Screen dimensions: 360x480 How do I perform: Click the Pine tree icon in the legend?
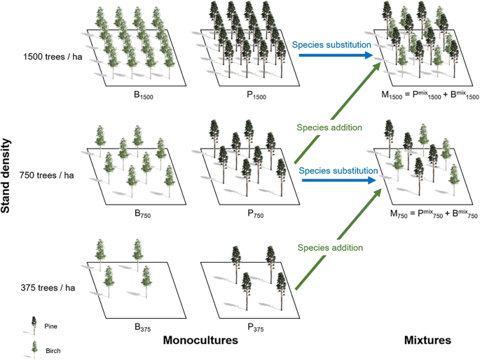coord(32,323)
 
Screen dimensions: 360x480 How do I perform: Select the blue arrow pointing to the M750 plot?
coord(339,180)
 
